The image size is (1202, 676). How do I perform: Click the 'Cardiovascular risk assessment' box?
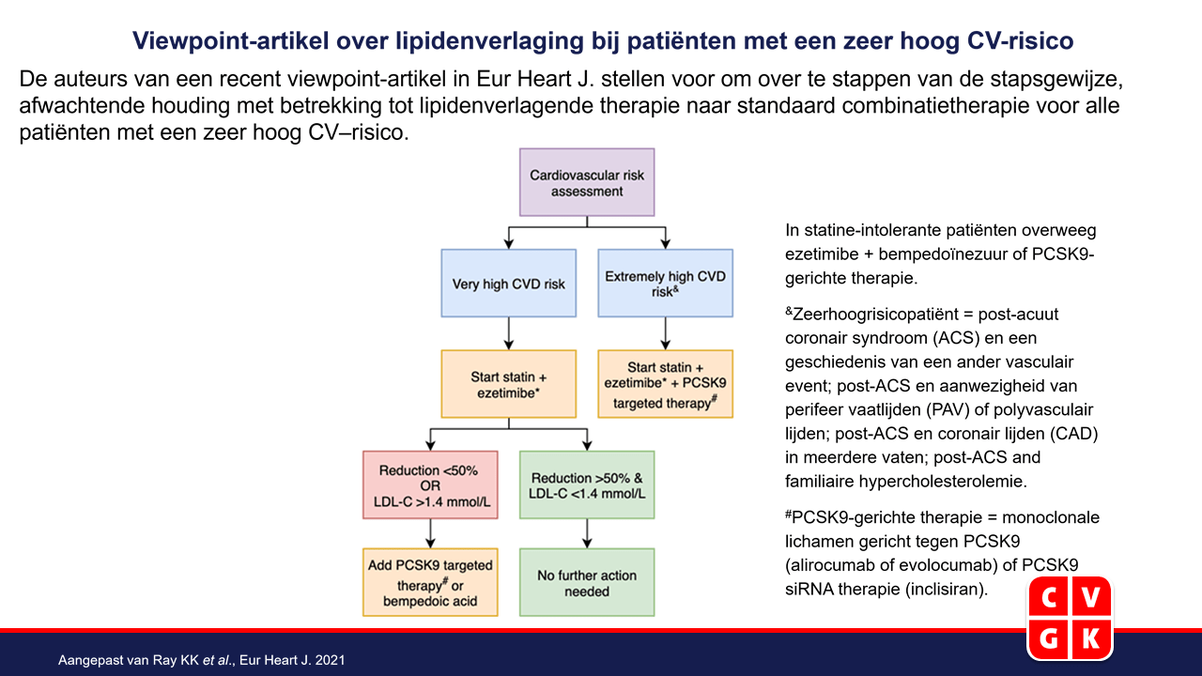(587, 182)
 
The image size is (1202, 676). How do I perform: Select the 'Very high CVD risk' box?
(509, 284)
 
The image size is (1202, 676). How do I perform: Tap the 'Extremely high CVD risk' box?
(666, 284)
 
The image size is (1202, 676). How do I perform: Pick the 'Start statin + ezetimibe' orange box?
(509, 384)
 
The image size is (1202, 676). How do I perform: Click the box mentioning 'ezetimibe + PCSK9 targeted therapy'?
(666, 384)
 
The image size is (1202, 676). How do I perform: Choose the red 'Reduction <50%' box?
(430, 485)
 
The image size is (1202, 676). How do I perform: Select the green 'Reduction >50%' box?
(587, 485)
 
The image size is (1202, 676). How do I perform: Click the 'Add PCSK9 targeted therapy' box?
(430, 582)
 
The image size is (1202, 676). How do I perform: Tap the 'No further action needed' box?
(587, 582)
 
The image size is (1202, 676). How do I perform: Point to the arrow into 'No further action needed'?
(587, 533)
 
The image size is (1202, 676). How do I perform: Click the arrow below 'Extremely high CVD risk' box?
(666, 333)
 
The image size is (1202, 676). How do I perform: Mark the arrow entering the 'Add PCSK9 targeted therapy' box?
(430, 533)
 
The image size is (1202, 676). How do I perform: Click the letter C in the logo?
(1049, 598)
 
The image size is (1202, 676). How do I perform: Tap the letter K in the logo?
(1090, 638)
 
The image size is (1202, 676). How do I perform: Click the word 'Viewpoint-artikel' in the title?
(231, 40)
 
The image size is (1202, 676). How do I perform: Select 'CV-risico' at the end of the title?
(1020, 40)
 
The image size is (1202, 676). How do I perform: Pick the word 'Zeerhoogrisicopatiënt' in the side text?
(875, 315)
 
